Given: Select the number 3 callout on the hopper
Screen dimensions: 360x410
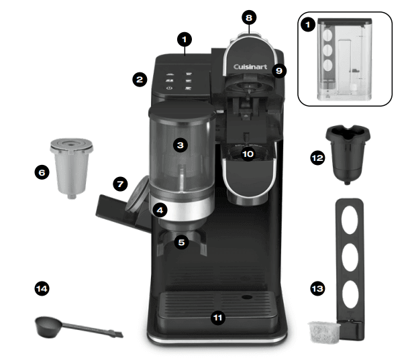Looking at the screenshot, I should click(x=180, y=144).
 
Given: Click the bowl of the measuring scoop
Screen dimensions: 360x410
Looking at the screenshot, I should click(x=47, y=326).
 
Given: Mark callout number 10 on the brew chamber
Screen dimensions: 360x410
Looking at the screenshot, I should click(x=248, y=154).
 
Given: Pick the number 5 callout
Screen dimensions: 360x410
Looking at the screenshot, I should click(x=181, y=243).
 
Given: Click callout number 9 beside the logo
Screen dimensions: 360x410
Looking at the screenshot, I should click(x=280, y=70).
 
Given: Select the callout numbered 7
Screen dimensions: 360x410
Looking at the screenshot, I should click(x=120, y=183).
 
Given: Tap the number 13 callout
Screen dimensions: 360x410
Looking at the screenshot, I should click(x=317, y=288).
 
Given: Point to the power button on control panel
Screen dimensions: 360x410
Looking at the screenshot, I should click(x=168, y=88).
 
